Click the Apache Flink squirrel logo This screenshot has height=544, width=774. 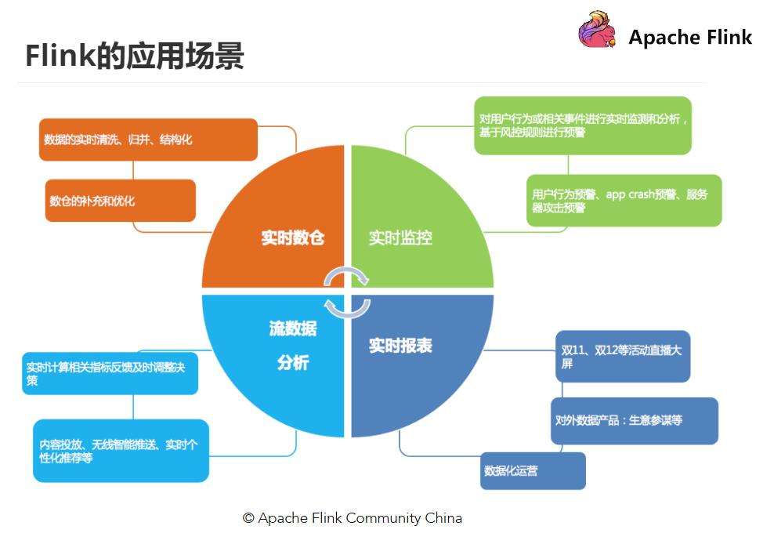tap(598, 31)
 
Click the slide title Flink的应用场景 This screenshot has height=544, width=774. tap(134, 56)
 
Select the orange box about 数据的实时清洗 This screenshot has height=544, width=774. tap(148, 140)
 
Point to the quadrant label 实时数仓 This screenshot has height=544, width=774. tap(292, 238)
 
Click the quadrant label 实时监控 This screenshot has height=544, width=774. tap(400, 238)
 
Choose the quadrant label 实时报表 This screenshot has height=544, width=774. tap(400, 346)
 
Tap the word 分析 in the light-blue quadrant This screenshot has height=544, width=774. tap(292, 363)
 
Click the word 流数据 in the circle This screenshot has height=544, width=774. tap(292, 328)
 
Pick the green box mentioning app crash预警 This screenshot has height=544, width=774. tap(624, 201)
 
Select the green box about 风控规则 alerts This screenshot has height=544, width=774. tap(583, 125)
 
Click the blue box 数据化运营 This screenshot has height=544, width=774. tap(533, 470)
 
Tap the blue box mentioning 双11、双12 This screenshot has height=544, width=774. tap(623, 357)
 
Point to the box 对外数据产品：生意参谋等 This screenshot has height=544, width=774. tap(634, 420)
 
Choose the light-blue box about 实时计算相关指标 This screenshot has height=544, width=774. tap(110, 373)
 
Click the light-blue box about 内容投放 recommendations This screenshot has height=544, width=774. tap(121, 450)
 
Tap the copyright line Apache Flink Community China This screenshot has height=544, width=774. tap(352, 518)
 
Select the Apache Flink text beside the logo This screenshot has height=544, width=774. tap(690, 37)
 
